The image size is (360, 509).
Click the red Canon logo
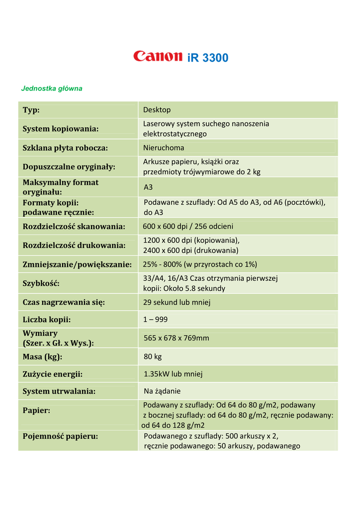[x=158, y=57]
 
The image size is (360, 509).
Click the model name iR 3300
[x=208, y=58]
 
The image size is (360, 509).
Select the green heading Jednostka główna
[x=52, y=88]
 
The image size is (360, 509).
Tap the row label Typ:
[x=31, y=110]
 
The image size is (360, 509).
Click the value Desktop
[x=157, y=110]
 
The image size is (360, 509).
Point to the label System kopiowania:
[x=61, y=129]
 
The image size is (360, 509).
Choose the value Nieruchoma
[x=164, y=148]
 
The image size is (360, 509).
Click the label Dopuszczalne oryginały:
[x=69, y=167]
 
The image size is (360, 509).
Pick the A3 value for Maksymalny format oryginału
[x=148, y=187]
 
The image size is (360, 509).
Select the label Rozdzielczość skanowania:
[x=74, y=227]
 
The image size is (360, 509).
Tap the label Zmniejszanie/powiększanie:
[x=77, y=264]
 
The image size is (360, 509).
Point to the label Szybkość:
[x=41, y=283]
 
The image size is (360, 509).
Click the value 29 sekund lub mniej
[x=177, y=302]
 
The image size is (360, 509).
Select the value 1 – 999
[x=156, y=320]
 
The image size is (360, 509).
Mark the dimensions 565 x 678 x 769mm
[x=177, y=338]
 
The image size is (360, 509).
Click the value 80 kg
[x=153, y=357]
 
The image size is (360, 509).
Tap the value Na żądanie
[x=162, y=391]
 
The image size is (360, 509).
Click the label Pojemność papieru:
[x=60, y=436]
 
